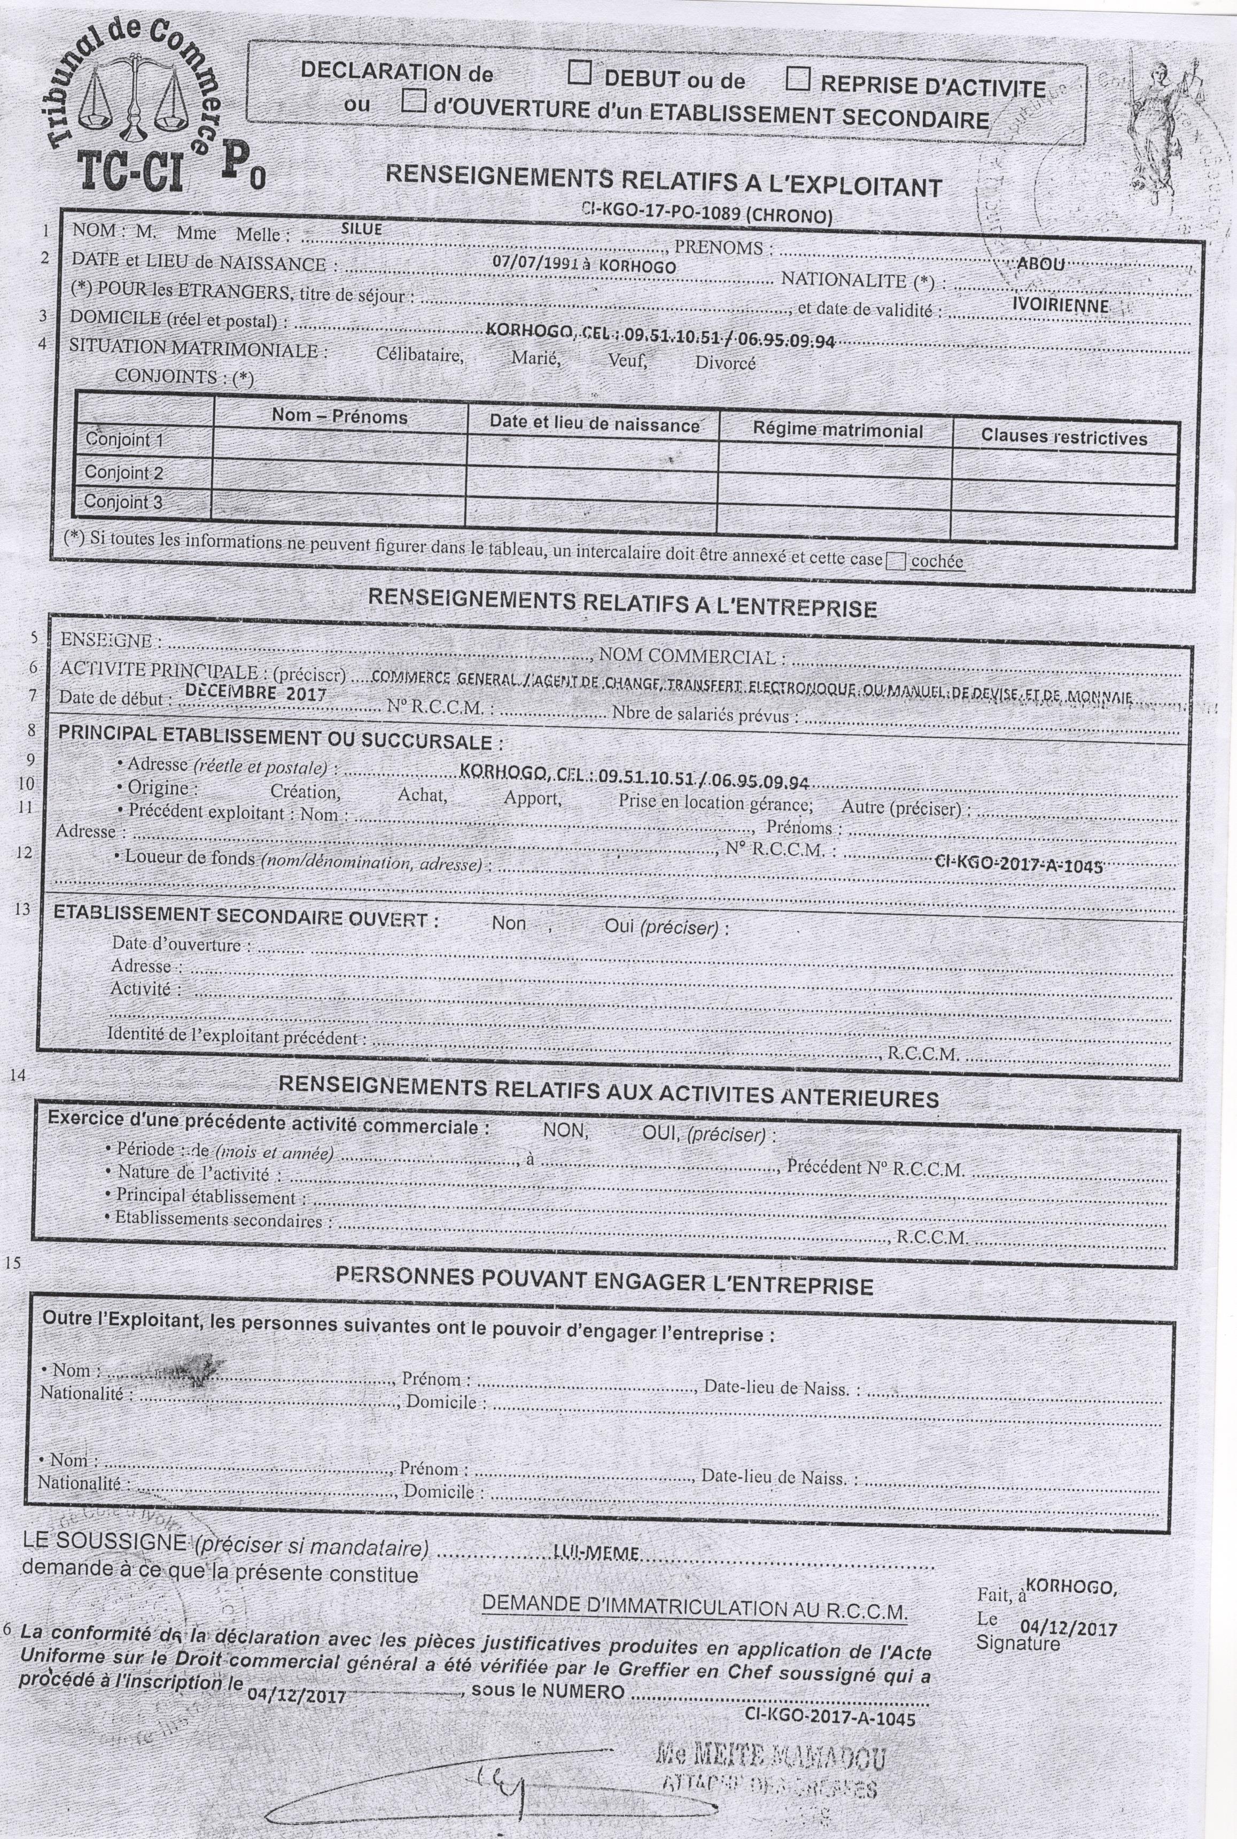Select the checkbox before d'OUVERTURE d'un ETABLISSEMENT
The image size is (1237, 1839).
[x=414, y=101]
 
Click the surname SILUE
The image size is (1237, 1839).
[x=361, y=228]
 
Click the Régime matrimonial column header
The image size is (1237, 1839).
[x=838, y=431]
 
